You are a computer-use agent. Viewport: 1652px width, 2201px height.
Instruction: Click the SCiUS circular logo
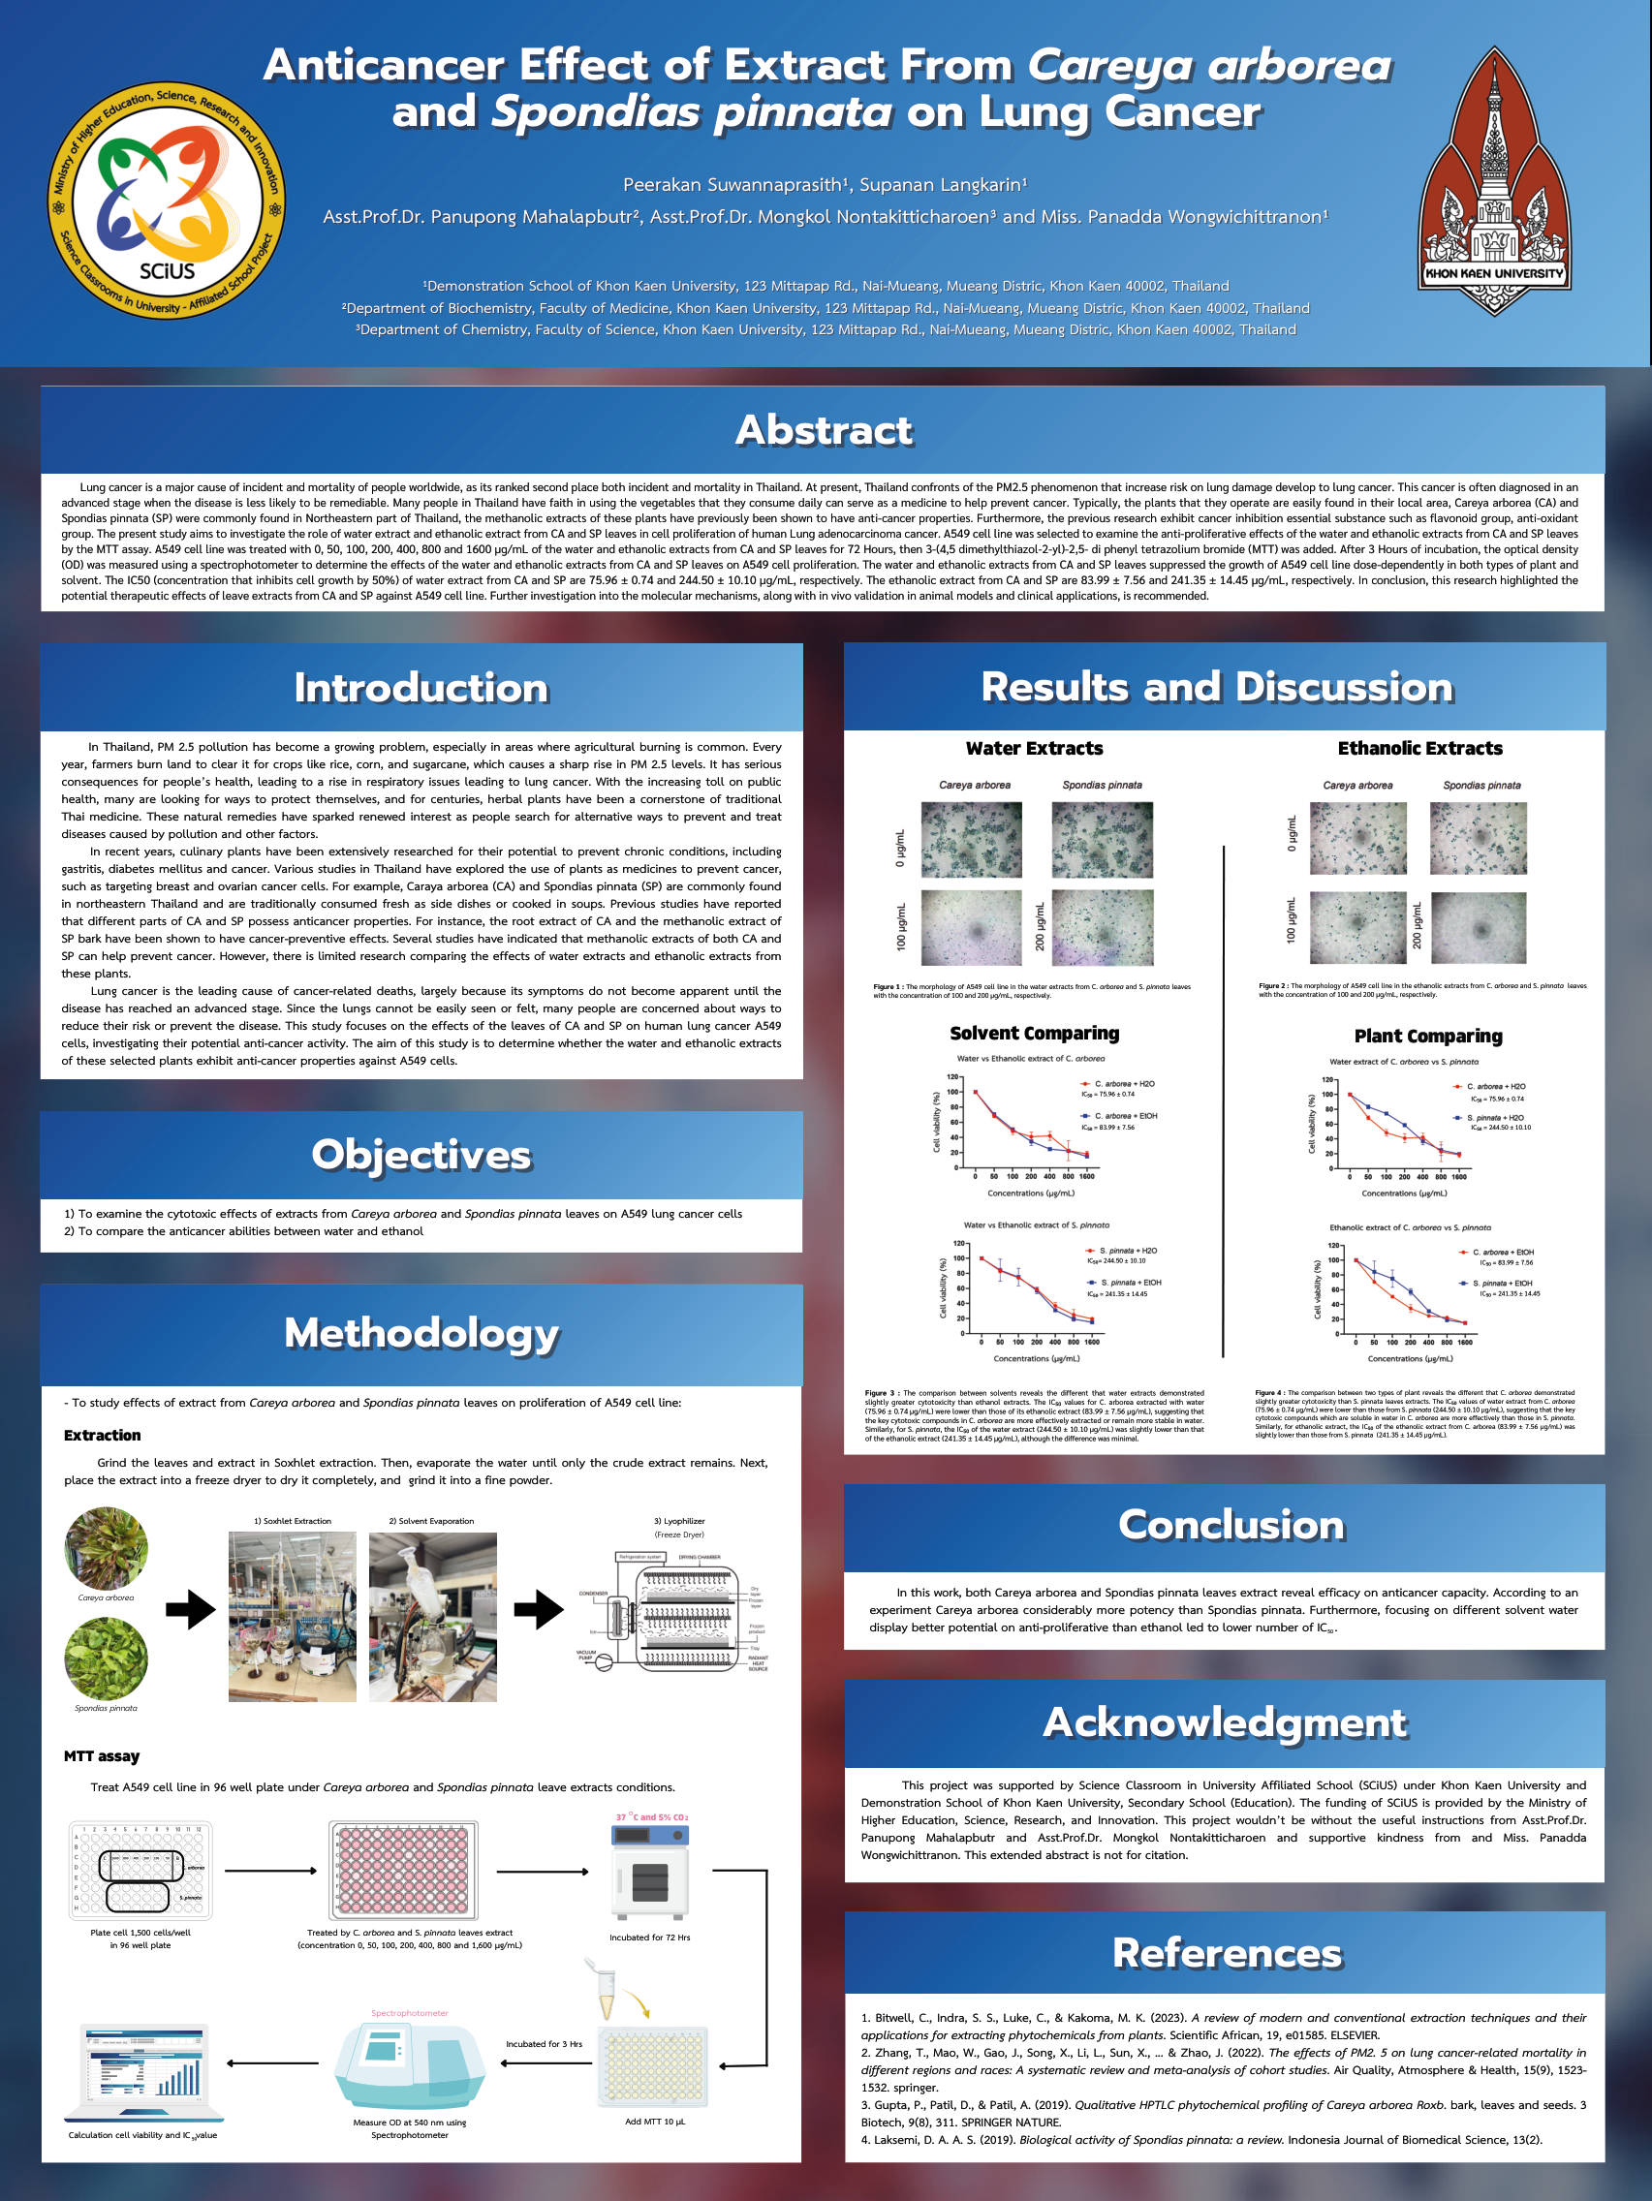pos(168,200)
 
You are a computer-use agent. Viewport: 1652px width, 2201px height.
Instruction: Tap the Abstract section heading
pos(823,430)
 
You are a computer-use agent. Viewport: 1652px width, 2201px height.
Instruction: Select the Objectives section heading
pos(421,1154)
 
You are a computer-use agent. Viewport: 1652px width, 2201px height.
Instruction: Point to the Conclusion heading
pos(1231,1526)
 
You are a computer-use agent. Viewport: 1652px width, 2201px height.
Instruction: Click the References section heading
pos(1226,1952)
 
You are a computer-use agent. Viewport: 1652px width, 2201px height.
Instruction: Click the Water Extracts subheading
pos(1034,748)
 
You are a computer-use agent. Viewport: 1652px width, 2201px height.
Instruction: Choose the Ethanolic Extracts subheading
pos(1419,748)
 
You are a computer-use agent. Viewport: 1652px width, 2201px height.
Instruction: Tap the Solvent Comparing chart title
pos(1034,1033)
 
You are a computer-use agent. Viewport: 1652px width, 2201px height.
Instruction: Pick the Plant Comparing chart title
pos(1428,1036)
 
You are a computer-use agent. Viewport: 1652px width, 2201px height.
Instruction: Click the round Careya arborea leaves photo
pos(107,1548)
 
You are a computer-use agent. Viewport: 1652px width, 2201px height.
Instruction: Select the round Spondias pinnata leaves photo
pos(107,1658)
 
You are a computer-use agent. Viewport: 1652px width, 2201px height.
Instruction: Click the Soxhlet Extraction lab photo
pos(292,1616)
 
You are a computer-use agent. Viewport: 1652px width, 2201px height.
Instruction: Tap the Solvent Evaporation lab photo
pos(432,1616)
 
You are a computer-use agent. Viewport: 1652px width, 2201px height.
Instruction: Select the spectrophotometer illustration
pos(409,2063)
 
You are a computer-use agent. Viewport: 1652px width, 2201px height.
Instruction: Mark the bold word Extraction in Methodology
pos(103,1435)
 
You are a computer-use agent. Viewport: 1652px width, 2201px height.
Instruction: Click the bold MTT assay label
pos(102,1756)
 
